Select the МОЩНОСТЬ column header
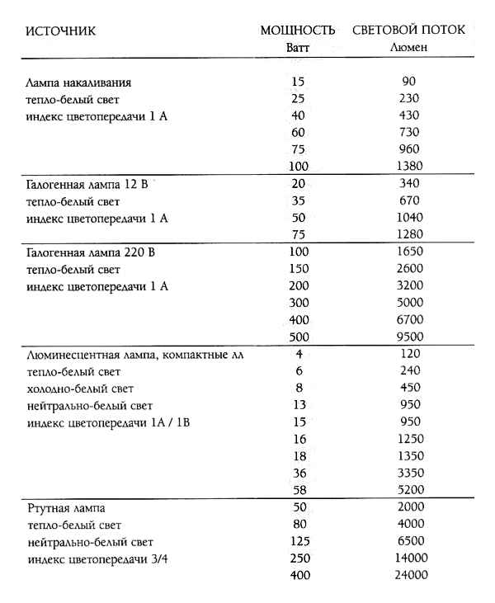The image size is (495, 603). click(298, 31)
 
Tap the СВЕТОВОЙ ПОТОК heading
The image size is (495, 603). click(409, 31)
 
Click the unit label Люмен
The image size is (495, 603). click(408, 47)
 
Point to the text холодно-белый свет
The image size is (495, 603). click(78, 389)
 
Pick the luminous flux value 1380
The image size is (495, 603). click(408, 166)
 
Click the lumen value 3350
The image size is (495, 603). click(408, 473)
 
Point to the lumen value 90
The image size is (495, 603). click(408, 82)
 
